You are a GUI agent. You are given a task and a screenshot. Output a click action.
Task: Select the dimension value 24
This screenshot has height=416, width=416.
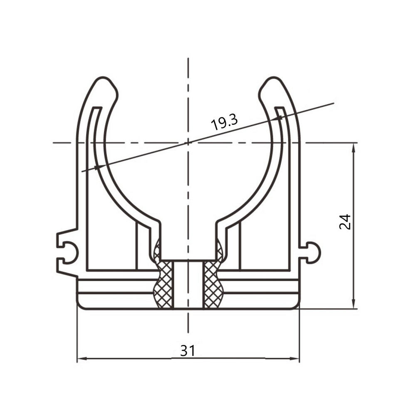point(345,222)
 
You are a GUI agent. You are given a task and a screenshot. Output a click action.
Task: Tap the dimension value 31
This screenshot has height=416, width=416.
point(188,350)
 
